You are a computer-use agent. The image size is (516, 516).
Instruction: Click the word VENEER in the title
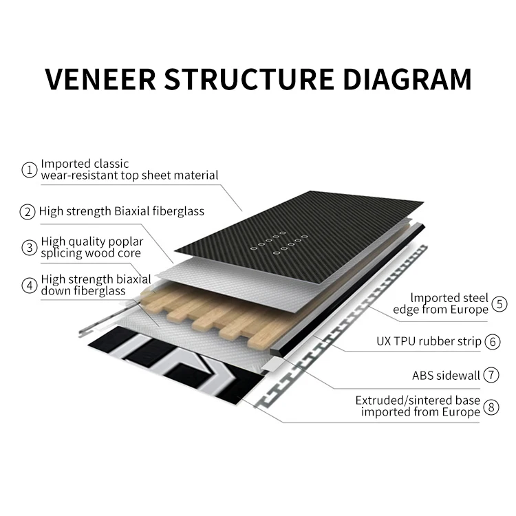[x=98, y=79]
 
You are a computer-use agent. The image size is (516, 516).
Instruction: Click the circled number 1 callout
[x=29, y=169]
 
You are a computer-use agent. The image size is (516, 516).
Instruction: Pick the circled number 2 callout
[x=28, y=211]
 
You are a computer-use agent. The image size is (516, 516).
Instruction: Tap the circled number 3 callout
[x=29, y=248]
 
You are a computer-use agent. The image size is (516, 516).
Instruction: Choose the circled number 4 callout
[x=29, y=285]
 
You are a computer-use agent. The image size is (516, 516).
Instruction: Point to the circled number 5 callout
[x=499, y=303]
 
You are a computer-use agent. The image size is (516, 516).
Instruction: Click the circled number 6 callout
[x=492, y=341]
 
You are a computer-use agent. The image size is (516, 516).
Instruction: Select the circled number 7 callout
[x=491, y=375]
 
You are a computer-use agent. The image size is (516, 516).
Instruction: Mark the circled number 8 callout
[x=491, y=407]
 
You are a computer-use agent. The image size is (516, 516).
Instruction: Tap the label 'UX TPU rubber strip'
[x=429, y=341]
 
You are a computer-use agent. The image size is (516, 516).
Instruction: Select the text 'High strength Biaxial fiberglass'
[x=122, y=211]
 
